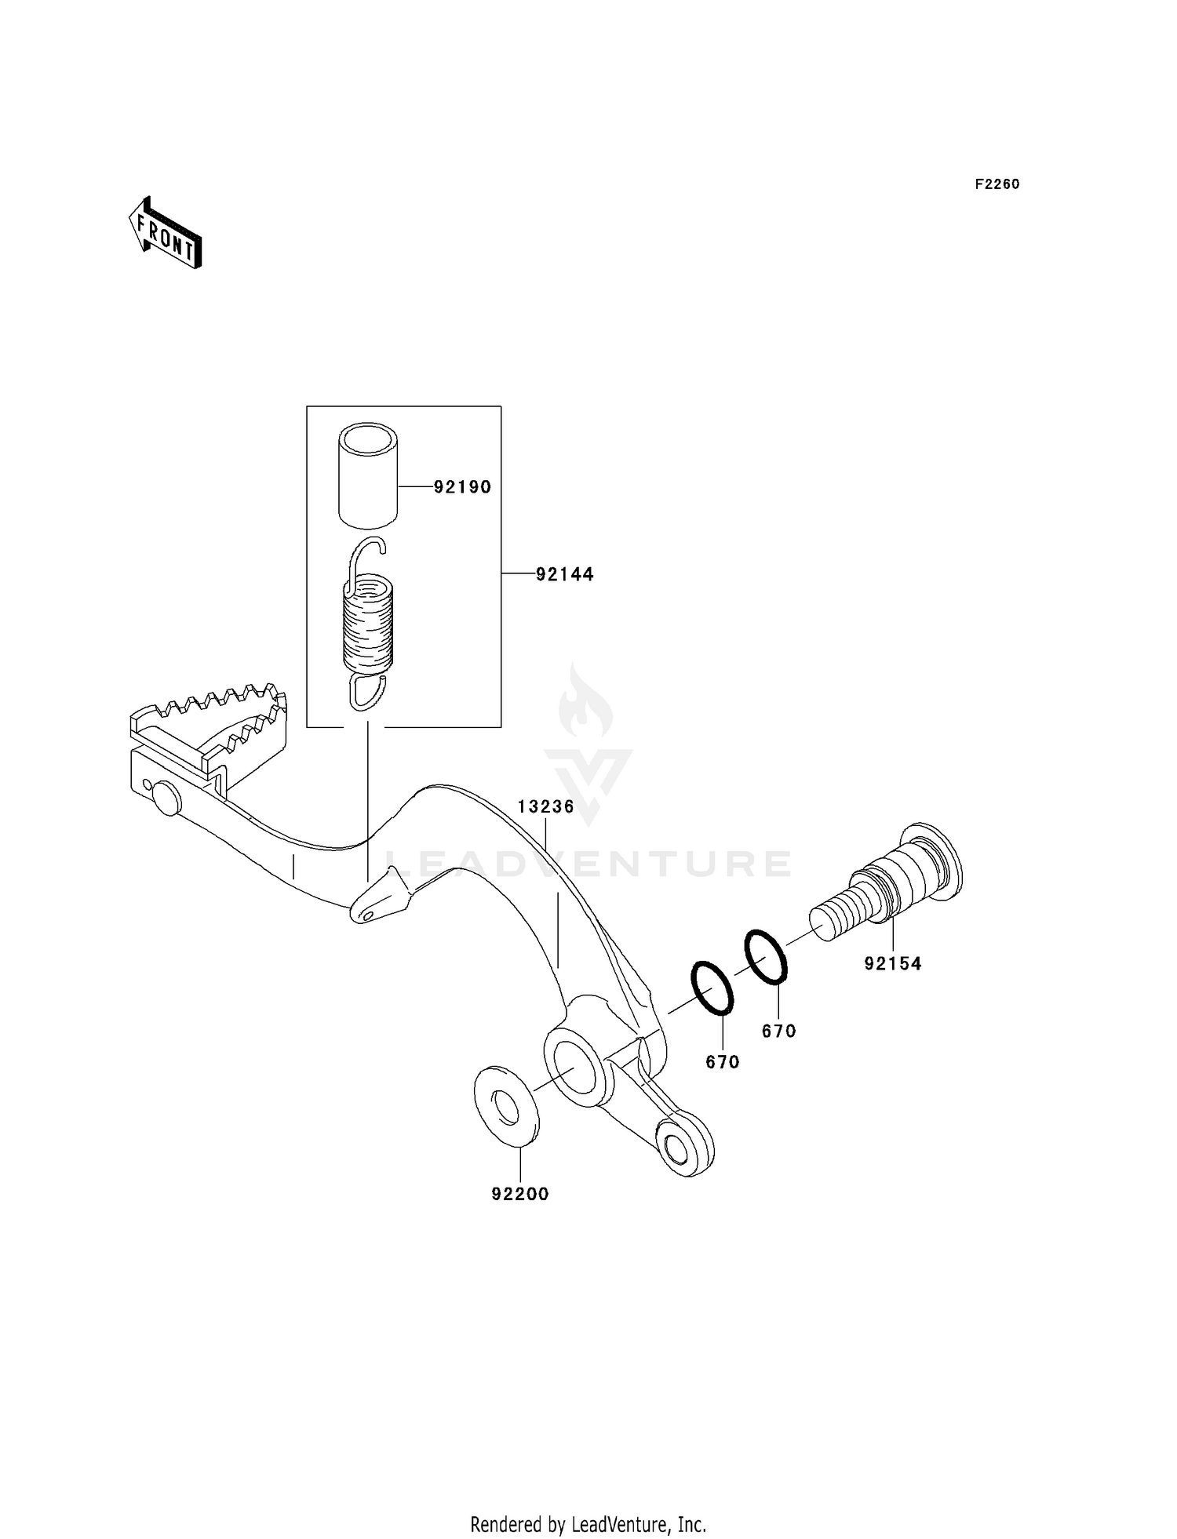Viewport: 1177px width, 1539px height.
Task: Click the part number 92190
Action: (x=462, y=487)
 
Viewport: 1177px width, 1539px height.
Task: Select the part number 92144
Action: (x=564, y=574)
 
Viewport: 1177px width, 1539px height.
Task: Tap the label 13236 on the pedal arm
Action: (x=545, y=806)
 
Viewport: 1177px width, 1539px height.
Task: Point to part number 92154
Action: (x=893, y=963)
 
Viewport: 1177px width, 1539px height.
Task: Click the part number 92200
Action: (x=520, y=1194)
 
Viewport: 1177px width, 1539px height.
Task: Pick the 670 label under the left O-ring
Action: (x=723, y=1062)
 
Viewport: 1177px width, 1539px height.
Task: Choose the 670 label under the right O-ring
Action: (x=779, y=1031)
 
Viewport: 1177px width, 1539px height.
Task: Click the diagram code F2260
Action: (x=997, y=184)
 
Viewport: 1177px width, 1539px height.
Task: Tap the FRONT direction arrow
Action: (x=166, y=234)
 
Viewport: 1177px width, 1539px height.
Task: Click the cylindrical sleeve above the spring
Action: (x=368, y=473)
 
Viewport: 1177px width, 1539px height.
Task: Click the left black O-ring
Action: (x=712, y=987)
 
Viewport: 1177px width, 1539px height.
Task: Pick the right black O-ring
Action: (x=765, y=956)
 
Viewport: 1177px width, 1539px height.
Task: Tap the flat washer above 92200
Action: (x=507, y=1105)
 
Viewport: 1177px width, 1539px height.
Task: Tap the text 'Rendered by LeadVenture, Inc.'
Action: (x=588, y=1525)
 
